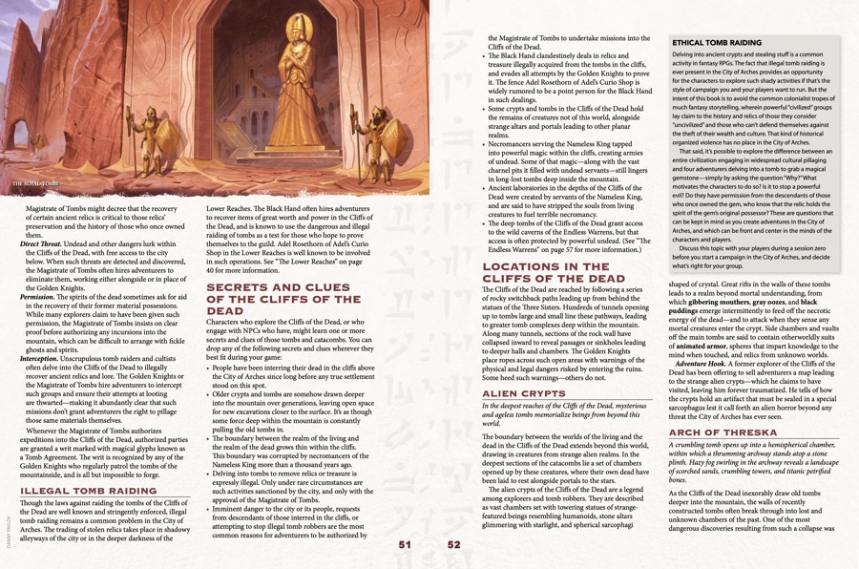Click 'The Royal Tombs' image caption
(x=34, y=181)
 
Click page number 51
(x=404, y=544)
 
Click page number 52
(x=453, y=544)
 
